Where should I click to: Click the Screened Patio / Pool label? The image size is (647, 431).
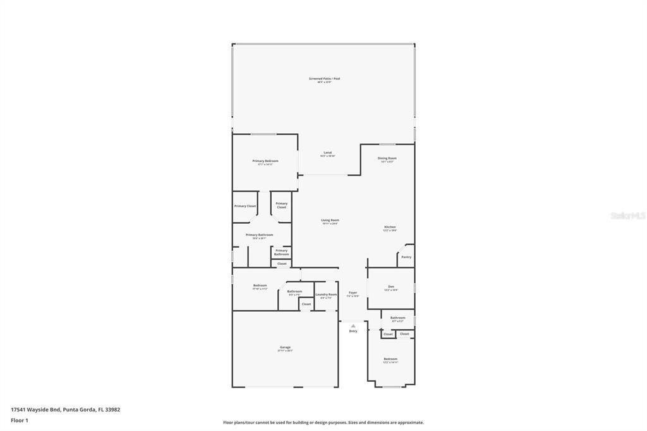click(324, 79)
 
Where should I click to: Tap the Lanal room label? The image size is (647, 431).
click(327, 152)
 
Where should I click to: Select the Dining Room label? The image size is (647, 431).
click(387, 158)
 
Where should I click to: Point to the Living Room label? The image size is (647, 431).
click(330, 220)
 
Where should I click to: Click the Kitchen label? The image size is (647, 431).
click(390, 227)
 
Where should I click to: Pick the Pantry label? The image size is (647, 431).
click(406, 257)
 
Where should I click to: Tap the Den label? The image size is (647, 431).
click(391, 286)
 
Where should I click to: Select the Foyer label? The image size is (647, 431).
click(353, 293)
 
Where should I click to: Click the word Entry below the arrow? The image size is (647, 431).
click(353, 331)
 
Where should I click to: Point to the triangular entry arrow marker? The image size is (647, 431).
click(353, 325)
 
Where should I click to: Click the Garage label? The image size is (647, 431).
click(285, 347)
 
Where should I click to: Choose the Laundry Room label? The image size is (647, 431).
click(326, 294)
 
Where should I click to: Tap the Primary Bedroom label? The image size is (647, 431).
click(265, 161)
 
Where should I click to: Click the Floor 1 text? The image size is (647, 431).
click(20, 420)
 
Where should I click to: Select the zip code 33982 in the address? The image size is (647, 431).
click(112, 410)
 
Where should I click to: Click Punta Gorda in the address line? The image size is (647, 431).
click(79, 410)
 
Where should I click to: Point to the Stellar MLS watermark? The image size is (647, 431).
click(627, 215)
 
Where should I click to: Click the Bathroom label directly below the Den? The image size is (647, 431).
click(397, 317)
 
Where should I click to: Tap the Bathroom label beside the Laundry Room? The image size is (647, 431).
click(294, 291)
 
